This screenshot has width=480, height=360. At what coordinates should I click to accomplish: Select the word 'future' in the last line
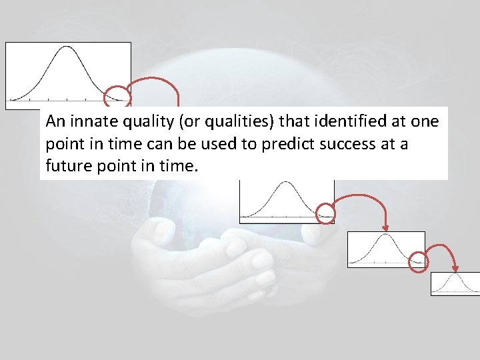66,165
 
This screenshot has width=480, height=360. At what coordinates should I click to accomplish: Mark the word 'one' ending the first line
425,122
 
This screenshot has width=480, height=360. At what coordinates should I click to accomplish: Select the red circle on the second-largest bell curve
325,213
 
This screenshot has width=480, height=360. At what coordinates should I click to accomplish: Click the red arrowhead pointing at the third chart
386,227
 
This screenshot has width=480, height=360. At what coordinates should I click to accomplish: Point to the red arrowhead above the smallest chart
455,269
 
